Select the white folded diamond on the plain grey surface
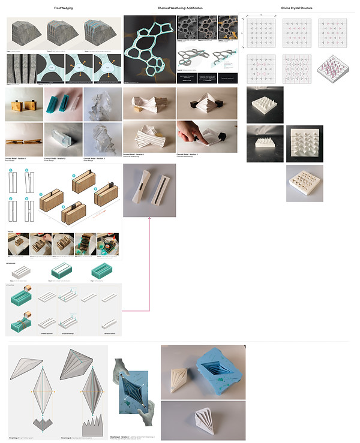202,423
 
